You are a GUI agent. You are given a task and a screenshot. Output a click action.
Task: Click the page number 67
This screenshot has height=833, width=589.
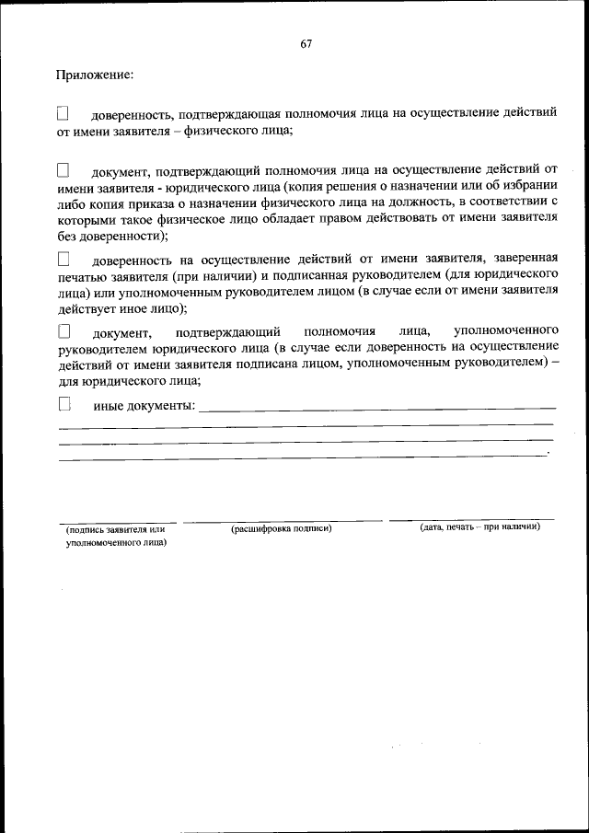[306, 44]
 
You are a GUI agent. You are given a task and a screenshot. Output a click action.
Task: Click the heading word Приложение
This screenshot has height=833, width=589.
[94, 74]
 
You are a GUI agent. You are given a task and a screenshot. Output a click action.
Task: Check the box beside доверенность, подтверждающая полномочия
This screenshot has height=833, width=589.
[63, 114]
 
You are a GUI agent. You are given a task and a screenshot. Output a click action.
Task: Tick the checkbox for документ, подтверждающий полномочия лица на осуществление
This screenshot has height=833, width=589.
[63, 170]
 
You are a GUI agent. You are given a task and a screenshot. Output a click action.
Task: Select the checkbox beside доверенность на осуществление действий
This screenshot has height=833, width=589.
[64, 260]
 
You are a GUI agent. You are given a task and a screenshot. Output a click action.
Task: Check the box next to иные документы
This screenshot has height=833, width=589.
[64, 403]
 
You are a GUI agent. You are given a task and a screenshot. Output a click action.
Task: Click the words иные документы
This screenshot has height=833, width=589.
[144, 406]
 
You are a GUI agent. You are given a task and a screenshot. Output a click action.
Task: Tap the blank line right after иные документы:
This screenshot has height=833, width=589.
[377, 408]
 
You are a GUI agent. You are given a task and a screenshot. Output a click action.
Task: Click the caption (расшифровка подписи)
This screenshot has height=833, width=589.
[282, 528]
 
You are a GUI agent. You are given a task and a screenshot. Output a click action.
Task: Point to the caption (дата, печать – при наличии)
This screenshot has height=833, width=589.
[479, 527]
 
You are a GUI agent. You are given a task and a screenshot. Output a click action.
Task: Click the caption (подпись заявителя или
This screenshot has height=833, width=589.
[115, 529]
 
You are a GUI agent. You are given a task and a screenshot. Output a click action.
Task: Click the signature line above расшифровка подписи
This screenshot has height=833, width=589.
[283, 521]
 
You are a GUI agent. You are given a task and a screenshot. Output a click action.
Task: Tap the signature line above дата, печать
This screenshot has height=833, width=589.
[471, 520]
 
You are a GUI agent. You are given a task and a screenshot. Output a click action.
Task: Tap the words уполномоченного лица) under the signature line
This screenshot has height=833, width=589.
[115, 543]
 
